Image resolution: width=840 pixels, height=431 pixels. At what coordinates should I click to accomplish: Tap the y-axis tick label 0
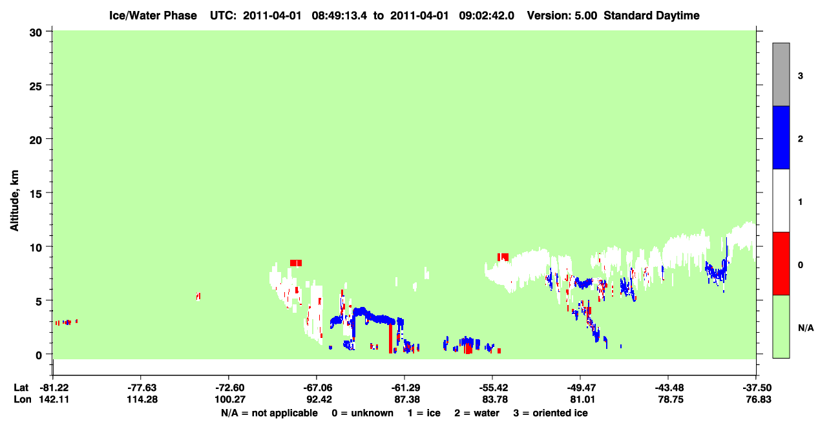click(39, 355)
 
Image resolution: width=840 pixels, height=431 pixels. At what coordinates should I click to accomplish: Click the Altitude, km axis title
click(14, 201)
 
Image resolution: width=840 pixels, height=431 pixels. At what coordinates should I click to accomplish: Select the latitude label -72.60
click(229, 388)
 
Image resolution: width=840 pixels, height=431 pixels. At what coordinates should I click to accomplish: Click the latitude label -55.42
click(493, 388)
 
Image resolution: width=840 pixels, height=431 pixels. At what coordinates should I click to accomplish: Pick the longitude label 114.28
click(142, 399)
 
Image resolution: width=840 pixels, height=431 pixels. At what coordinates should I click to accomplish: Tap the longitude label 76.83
click(758, 399)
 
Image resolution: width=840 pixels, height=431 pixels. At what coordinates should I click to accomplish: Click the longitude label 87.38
click(407, 399)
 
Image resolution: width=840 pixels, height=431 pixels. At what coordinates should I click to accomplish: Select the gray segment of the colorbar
click(781, 74)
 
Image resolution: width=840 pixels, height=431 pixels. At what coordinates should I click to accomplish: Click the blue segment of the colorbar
click(781, 137)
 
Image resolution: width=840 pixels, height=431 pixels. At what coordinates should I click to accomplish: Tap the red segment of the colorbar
click(781, 264)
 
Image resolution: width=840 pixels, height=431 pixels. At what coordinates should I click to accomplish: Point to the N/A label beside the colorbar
click(806, 328)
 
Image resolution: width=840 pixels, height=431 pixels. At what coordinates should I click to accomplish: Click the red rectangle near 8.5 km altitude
click(296, 263)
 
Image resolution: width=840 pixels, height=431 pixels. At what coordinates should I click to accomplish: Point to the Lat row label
click(21, 388)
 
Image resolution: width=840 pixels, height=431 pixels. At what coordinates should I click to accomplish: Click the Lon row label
click(23, 399)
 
